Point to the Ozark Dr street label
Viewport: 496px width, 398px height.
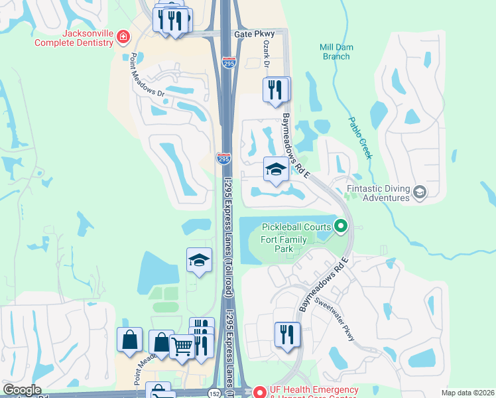pos(265,54)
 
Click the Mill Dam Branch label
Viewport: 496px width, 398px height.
pos(334,52)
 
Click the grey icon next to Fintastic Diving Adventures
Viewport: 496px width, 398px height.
pos(419,192)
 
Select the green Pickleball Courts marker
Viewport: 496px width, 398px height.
pos(341,228)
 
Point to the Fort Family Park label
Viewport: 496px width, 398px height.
pos(286,244)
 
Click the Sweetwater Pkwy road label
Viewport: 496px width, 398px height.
pos(336,318)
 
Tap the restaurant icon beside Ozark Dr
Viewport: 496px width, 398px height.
pos(276,90)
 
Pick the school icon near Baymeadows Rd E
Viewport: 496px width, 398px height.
pos(275,170)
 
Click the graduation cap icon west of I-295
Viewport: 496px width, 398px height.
pos(199,261)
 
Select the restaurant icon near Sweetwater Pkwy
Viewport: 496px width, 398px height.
pos(287,334)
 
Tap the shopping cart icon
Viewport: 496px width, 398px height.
pos(182,345)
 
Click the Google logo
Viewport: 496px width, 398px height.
pos(22,390)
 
